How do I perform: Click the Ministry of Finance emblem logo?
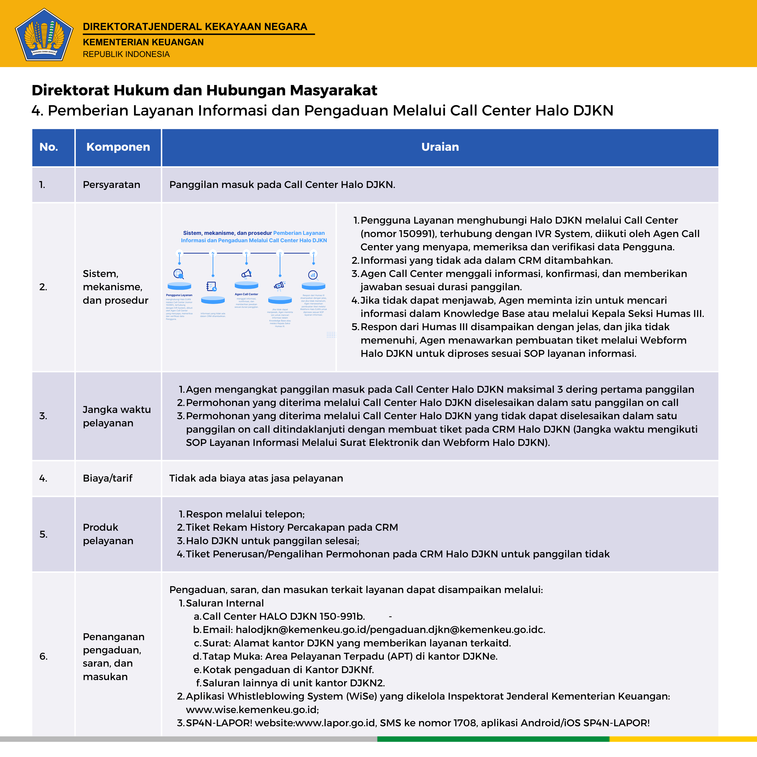click(x=44, y=35)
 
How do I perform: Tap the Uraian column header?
click(x=440, y=147)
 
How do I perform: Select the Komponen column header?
click(x=118, y=147)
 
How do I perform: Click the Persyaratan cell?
click(x=111, y=185)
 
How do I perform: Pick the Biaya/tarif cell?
click(x=107, y=478)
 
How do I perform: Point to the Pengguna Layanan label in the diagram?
click(x=179, y=295)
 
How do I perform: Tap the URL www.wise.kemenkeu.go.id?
click(x=252, y=710)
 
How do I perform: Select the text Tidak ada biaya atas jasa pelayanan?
click(x=256, y=478)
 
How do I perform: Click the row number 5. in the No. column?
click(x=44, y=534)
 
